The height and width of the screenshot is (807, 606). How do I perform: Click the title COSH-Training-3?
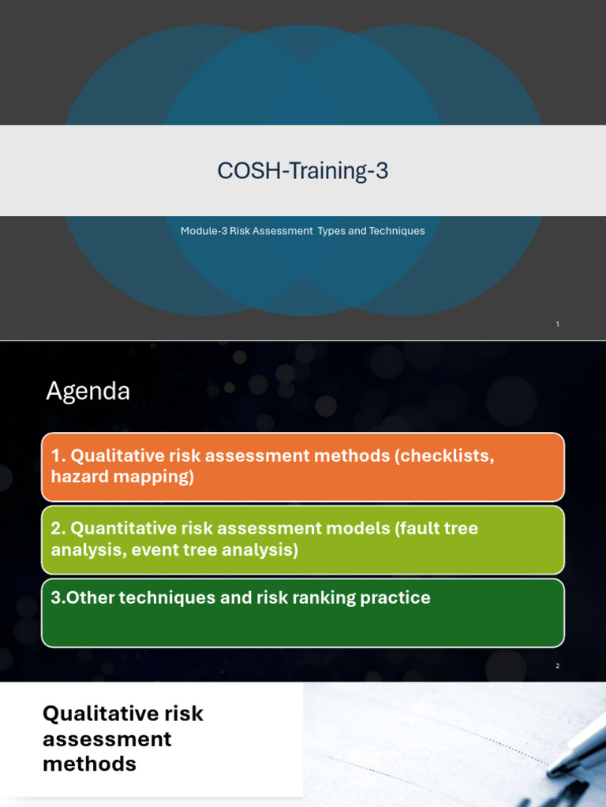(x=303, y=170)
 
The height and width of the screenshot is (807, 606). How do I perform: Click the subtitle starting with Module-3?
(x=303, y=231)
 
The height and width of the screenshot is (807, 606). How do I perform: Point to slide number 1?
(x=557, y=324)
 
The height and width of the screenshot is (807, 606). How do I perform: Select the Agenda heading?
(x=88, y=391)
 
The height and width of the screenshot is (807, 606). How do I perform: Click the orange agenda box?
(x=303, y=467)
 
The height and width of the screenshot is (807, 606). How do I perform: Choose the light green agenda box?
(x=303, y=539)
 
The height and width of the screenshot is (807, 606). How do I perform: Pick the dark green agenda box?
(x=303, y=613)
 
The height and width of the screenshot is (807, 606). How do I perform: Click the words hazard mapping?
(x=122, y=477)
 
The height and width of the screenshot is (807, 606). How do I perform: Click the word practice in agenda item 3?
(x=395, y=597)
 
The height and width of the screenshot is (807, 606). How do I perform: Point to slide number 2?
(x=557, y=666)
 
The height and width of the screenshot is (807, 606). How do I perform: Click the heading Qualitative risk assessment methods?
(x=122, y=738)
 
